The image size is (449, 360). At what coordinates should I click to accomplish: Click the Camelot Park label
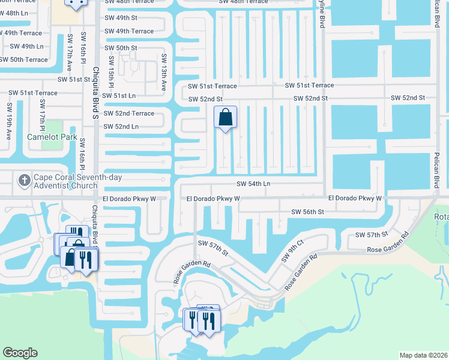click(x=52, y=137)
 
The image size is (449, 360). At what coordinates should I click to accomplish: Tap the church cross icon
click(x=23, y=179)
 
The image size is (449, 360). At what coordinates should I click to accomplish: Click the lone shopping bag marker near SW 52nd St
click(x=225, y=118)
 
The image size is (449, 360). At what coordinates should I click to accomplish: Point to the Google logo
click(x=20, y=353)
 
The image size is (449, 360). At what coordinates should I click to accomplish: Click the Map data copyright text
click(x=423, y=355)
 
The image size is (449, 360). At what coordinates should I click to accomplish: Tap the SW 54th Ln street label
click(x=253, y=184)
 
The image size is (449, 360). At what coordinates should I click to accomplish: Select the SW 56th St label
click(x=307, y=212)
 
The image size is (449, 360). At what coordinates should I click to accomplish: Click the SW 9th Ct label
click(x=293, y=250)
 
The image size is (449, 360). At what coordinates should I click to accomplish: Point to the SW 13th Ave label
click(x=163, y=72)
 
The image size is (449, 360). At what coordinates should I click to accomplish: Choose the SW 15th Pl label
click(x=111, y=72)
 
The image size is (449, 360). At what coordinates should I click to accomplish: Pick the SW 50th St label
click(x=121, y=48)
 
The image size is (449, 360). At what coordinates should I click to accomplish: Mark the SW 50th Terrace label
click(x=23, y=59)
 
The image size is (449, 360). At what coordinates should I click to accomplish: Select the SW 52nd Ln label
click(x=121, y=127)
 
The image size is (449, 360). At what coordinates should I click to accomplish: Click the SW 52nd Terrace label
click(x=128, y=113)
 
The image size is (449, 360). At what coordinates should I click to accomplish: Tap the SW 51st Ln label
click(x=119, y=95)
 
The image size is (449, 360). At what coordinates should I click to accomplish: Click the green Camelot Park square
click(x=52, y=127)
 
